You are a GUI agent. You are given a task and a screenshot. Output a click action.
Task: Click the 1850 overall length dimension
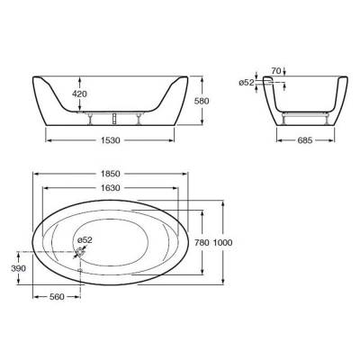point(111,174)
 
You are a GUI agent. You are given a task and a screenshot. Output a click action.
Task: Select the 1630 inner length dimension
point(111,188)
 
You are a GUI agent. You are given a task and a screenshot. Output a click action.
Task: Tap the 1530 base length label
point(111,140)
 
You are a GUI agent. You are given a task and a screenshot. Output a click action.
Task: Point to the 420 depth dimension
point(79,94)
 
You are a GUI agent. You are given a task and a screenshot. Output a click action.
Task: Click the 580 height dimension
point(202,101)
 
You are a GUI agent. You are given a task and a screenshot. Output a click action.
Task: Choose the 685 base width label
point(305,140)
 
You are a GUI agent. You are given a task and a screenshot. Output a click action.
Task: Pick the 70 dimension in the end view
point(275,71)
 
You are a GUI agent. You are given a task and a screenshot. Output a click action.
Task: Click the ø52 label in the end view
point(247,83)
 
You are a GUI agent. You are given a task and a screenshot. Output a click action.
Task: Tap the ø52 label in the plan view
point(85,240)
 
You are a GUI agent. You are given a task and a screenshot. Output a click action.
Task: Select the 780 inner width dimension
point(202,242)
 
